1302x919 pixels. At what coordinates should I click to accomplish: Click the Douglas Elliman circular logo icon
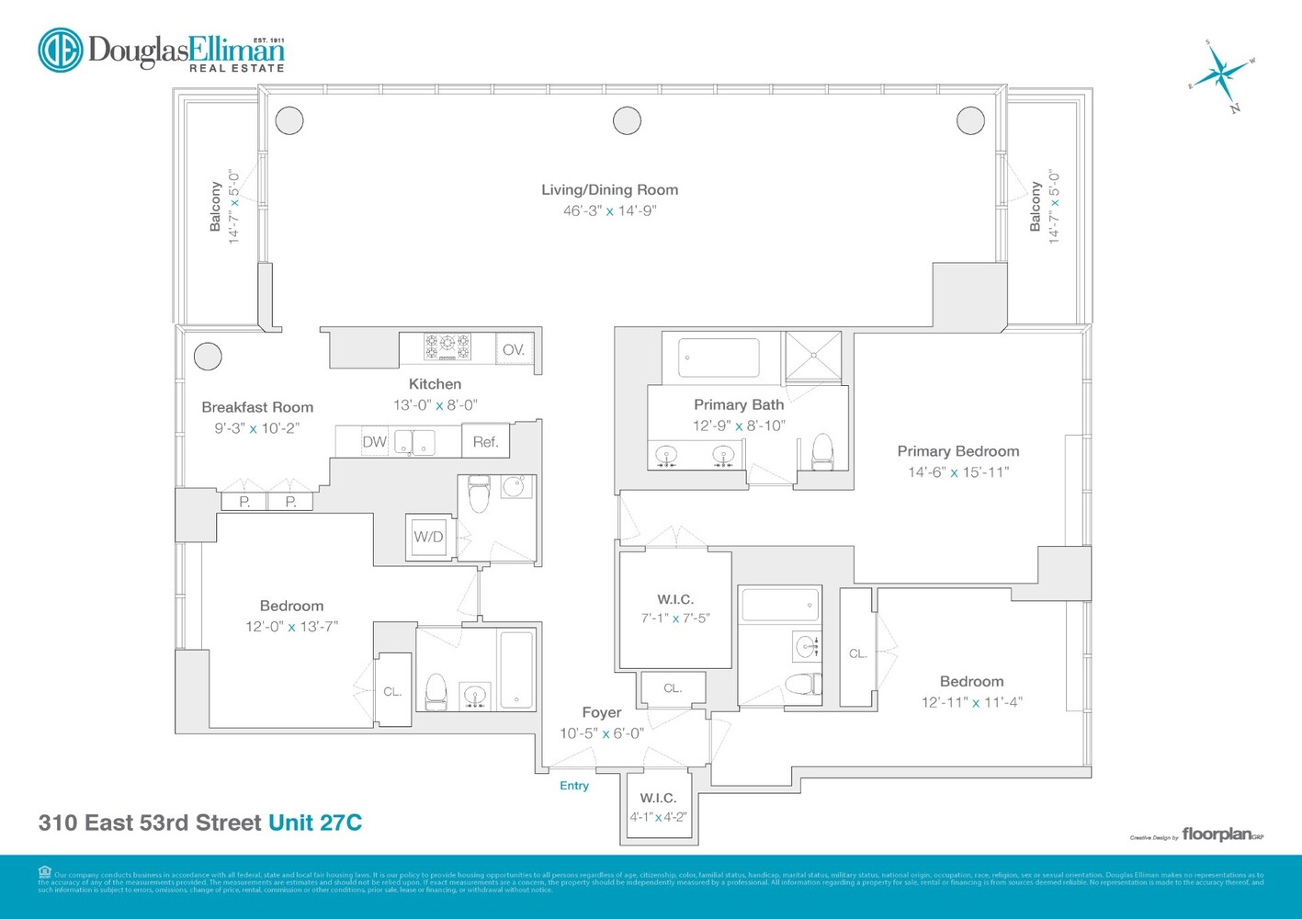(61, 50)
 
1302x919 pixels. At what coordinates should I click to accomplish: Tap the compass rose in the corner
(1223, 74)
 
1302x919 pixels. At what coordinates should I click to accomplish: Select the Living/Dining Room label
(609, 190)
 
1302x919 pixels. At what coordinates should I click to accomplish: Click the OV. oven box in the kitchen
(514, 349)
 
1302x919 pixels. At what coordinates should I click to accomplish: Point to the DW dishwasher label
(374, 442)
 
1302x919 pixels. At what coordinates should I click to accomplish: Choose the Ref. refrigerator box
(485, 442)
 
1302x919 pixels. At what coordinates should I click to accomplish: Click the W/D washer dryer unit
(428, 537)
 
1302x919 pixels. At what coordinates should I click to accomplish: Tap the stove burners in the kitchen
(447, 347)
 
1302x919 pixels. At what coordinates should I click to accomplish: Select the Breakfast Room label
(257, 407)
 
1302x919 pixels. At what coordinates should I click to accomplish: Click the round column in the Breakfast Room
(208, 356)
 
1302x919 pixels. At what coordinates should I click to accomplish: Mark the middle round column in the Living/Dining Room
(627, 119)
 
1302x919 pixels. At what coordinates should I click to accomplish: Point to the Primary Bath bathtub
(719, 357)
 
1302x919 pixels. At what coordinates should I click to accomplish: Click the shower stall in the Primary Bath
(812, 355)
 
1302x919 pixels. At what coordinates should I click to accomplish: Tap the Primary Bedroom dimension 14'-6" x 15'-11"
(958, 472)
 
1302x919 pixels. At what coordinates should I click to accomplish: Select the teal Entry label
(574, 786)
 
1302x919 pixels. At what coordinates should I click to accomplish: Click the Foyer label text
(602, 712)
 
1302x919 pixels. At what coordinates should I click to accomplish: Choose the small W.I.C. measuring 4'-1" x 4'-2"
(658, 807)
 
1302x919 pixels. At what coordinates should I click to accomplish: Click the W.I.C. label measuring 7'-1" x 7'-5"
(675, 599)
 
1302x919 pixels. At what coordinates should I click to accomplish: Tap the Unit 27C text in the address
(315, 823)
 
